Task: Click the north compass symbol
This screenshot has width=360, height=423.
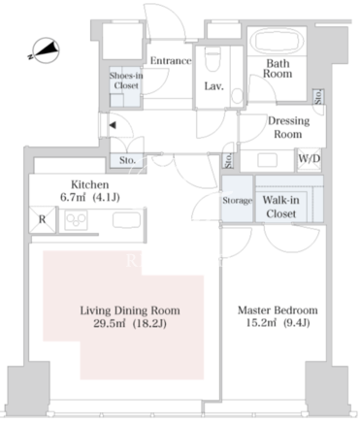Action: [x=47, y=50]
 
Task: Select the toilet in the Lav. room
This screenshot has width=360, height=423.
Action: [x=213, y=58]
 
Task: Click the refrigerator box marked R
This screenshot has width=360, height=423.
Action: [x=43, y=219]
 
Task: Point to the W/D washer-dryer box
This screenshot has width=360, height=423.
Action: [x=310, y=159]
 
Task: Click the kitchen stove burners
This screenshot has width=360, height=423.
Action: [x=77, y=220]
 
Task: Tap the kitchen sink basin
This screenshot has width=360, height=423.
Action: [x=126, y=220]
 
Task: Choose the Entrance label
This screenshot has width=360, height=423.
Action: [x=171, y=61]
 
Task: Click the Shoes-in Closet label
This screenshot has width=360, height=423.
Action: [x=126, y=81]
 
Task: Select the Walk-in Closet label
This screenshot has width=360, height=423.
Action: [x=280, y=207]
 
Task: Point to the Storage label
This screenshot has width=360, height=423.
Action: [x=237, y=201]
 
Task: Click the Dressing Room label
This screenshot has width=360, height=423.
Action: [x=288, y=127]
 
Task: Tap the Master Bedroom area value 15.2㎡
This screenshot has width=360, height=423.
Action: [x=261, y=323]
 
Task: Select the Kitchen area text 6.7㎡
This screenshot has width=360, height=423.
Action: [x=73, y=197]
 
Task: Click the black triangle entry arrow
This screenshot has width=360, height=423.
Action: [x=113, y=125]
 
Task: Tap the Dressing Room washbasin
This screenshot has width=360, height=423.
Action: [x=267, y=160]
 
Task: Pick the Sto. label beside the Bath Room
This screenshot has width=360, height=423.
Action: [x=318, y=97]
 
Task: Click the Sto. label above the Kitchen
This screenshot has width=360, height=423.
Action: [x=127, y=160]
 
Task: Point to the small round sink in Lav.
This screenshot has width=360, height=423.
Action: [x=238, y=96]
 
